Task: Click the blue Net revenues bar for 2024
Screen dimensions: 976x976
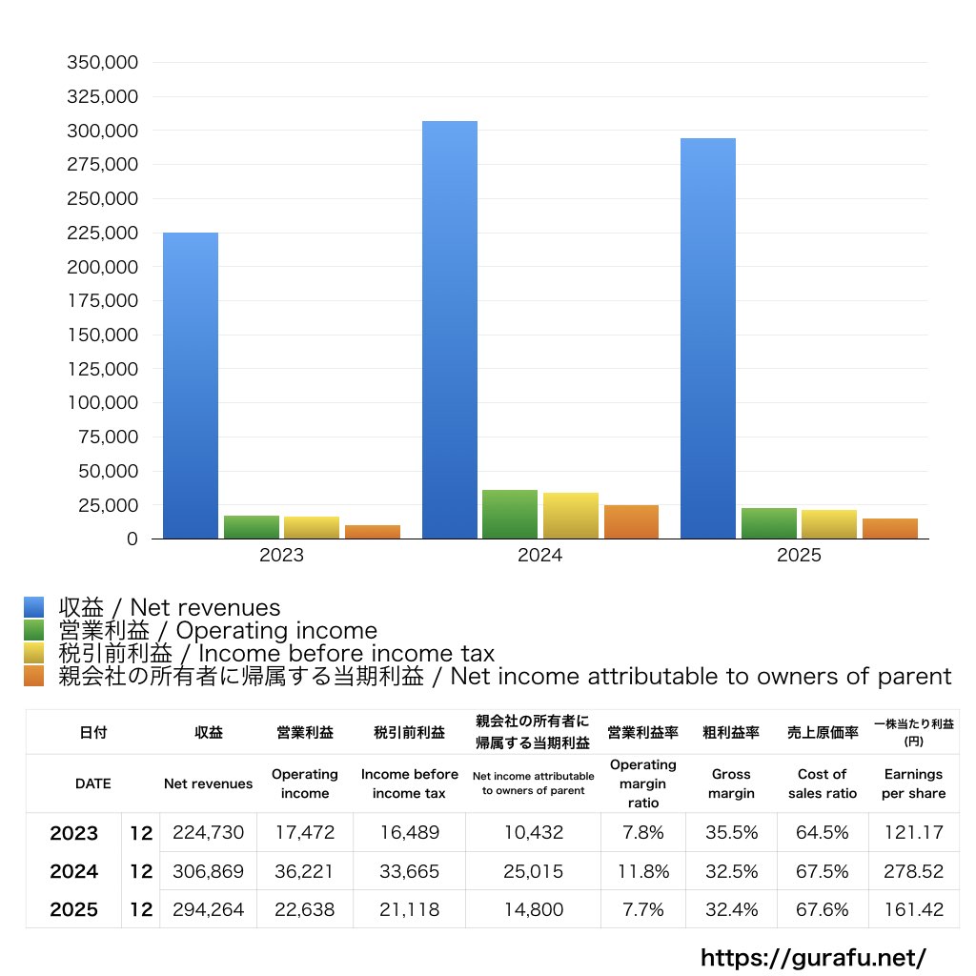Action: (x=450, y=330)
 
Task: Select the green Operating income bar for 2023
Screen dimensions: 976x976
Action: (x=252, y=527)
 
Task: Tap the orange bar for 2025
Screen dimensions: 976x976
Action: (x=889, y=529)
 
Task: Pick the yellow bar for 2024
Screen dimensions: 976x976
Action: (x=571, y=516)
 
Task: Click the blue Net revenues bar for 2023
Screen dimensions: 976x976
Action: (x=191, y=386)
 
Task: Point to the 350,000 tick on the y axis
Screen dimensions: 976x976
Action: (x=103, y=63)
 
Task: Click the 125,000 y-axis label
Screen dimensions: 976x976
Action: (x=103, y=369)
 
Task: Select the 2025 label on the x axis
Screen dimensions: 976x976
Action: (x=799, y=556)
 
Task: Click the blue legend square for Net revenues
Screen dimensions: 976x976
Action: (x=34, y=607)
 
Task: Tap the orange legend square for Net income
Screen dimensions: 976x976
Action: (x=34, y=677)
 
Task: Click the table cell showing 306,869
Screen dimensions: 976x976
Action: (x=208, y=871)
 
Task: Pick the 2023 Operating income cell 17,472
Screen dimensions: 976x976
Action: (x=305, y=832)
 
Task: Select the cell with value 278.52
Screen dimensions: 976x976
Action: (x=914, y=871)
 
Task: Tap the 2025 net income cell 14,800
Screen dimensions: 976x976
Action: (x=533, y=909)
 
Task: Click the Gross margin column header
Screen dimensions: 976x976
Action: (x=731, y=783)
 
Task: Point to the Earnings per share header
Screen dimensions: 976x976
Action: (x=914, y=783)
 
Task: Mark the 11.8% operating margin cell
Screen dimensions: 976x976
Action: (x=642, y=871)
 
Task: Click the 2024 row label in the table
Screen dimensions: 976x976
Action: (x=73, y=871)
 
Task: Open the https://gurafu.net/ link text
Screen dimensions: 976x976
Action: (x=813, y=957)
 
